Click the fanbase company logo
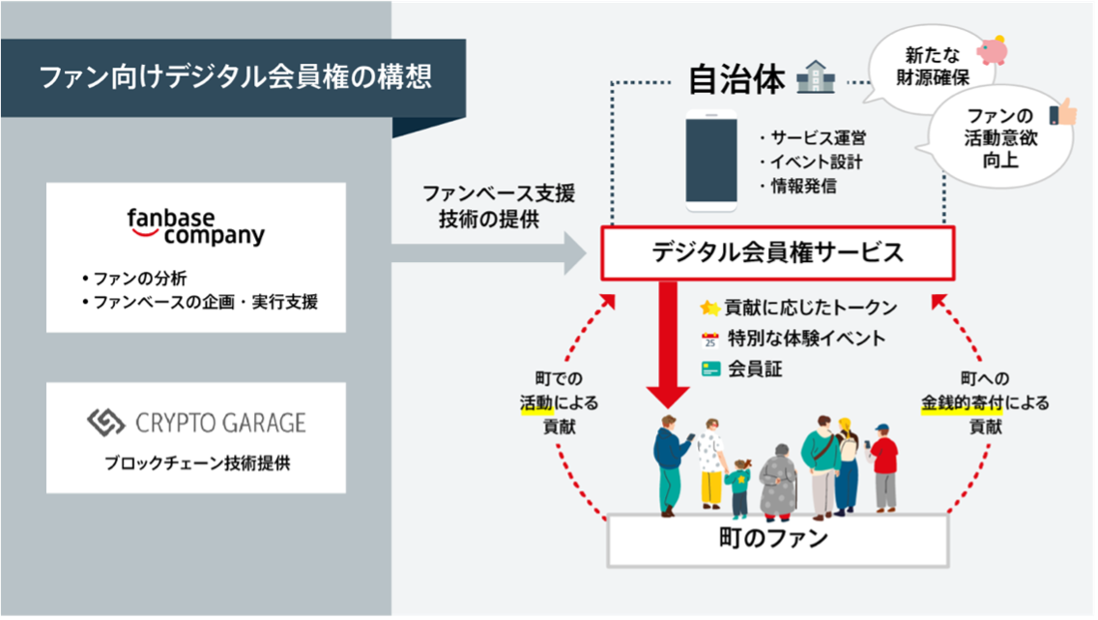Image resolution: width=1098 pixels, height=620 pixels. (x=195, y=225)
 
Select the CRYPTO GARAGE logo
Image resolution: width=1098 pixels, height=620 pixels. (x=195, y=422)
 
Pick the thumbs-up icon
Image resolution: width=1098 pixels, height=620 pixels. (x=1062, y=113)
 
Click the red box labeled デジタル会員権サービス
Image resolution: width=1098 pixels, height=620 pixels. (x=777, y=253)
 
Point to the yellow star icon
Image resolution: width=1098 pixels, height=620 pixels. (x=710, y=308)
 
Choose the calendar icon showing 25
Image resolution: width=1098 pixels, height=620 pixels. (x=710, y=339)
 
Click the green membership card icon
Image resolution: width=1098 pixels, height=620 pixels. (x=710, y=369)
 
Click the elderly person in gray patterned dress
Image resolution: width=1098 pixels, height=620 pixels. (x=776, y=482)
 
